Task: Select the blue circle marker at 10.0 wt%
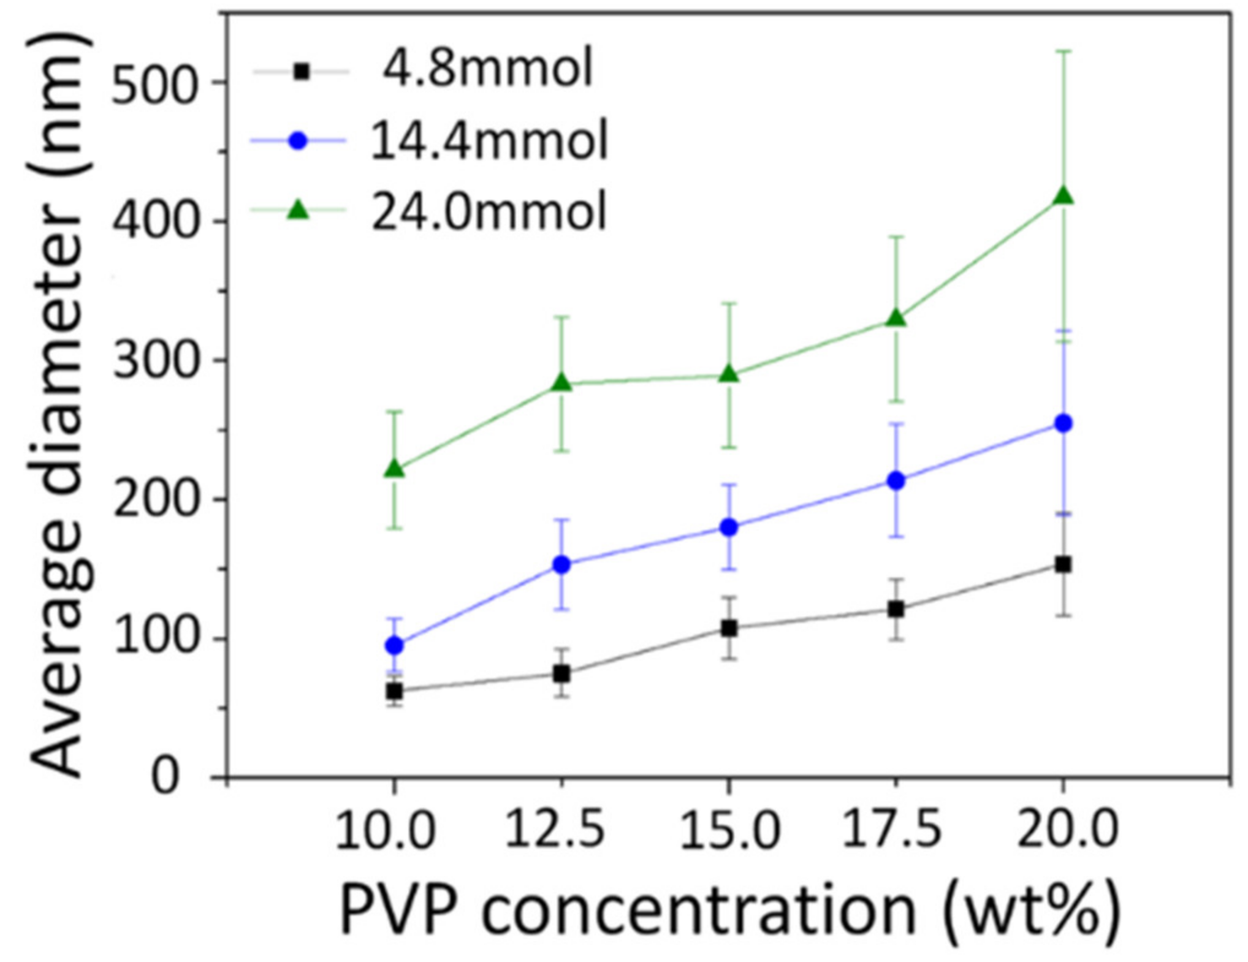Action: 395,645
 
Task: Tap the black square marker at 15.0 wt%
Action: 729,628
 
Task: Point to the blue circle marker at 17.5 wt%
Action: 896,480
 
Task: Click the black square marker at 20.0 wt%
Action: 1062,564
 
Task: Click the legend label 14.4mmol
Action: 489,140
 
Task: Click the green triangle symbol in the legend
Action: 299,211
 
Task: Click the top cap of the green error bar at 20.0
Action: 1062,51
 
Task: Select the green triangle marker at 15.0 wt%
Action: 729,374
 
